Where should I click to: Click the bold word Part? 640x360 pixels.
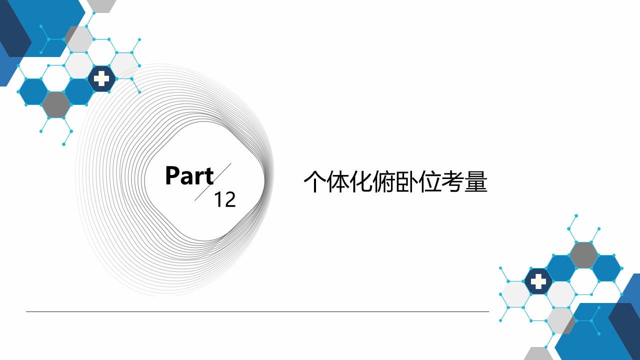189,175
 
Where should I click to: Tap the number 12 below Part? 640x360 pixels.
225,199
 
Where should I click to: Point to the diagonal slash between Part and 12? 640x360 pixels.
213,182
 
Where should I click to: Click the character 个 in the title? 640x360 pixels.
314,181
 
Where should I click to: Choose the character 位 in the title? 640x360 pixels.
430,181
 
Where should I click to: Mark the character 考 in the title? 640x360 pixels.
453,181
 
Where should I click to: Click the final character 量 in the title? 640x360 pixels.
476,181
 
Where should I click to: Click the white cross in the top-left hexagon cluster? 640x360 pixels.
101,78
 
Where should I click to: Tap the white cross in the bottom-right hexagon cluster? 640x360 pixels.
538,281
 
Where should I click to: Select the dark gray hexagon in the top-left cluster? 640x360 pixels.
56,104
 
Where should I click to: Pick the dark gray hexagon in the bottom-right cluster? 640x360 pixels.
583,255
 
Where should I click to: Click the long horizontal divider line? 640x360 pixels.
257,311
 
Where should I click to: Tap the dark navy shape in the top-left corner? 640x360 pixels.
13,28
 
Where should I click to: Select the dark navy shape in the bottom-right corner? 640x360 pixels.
625,328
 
